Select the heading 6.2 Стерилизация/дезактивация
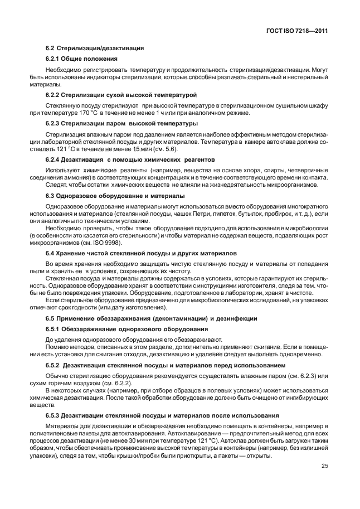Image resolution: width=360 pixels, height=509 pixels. click(x=95, y=49)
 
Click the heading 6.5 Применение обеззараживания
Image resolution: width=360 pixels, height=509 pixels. click(x=150, y=318)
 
